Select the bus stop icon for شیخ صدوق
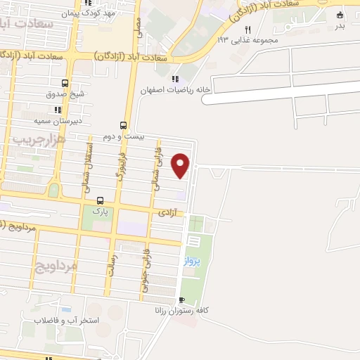(x=65, y=83)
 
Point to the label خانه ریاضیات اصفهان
(x=166, y=91)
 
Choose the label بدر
(x=340, y=27)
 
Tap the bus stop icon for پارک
(x=99, y=200)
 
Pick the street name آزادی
(x=167, y=212)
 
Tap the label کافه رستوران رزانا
(x=186, y=310)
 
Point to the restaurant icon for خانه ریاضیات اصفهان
(x=175, y=78)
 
